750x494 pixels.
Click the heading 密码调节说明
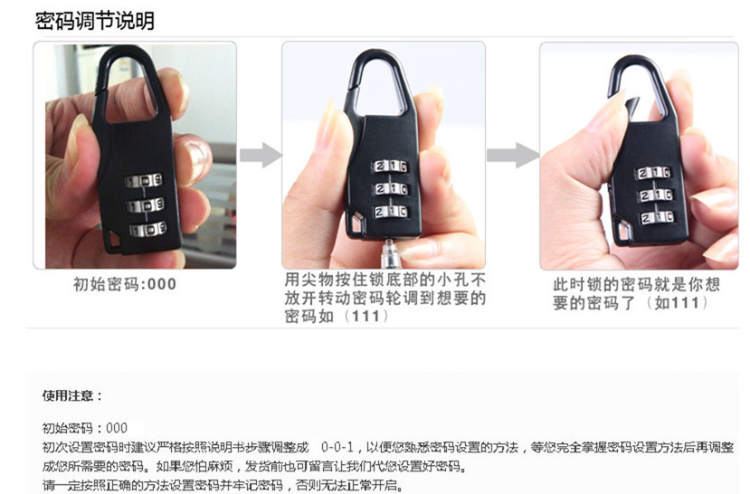[x=94, y=21]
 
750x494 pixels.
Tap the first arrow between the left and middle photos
[x=261, y=156]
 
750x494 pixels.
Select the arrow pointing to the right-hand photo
[x=512, y=156]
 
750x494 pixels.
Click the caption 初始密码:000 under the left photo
[x=124, y=284]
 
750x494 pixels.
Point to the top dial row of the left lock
[x=143, y=181]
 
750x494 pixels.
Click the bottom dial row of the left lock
[x=147, y=229]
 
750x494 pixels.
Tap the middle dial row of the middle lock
[x=391, y=189]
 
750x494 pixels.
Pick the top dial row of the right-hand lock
[x=653, y=173]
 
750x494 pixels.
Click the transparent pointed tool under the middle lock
[x=389, y=252]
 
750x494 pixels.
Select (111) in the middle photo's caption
[x=366, y=316]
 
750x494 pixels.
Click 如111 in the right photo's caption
[x=680, y=303]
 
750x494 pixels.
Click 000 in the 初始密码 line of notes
[x=117, y=428]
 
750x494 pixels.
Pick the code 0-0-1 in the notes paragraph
[x=337, y=447]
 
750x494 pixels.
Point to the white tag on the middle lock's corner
[x=356, y=221]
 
